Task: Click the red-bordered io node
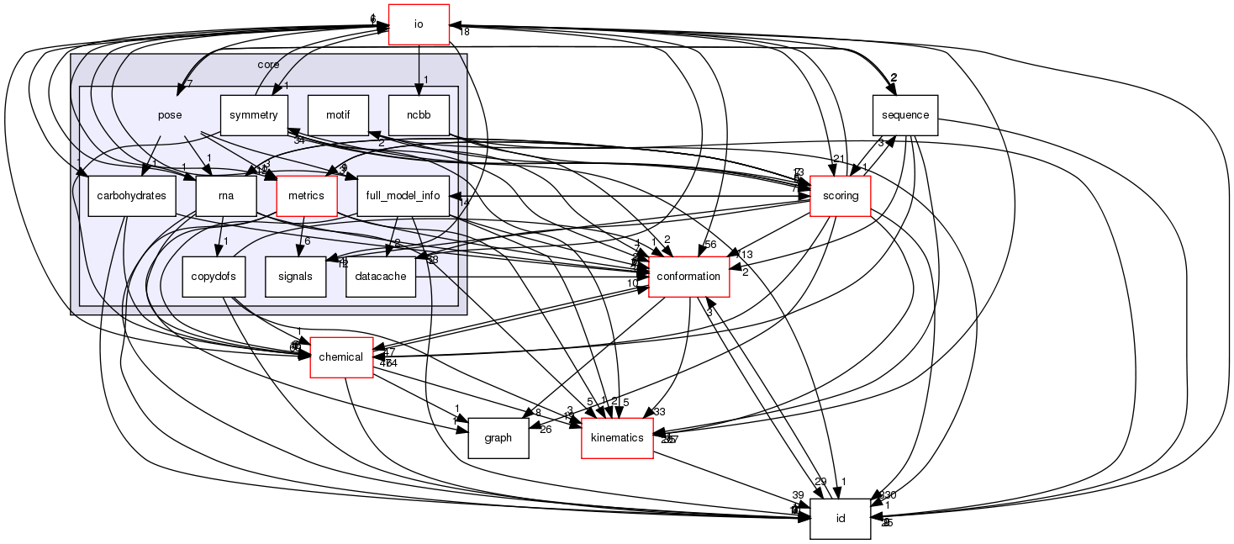tap(419, 24)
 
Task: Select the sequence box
tap(904, 115)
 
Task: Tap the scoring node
tap(840, 196)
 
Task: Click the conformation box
tap(689, 276)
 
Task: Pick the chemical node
tap(342, 357)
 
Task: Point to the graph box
tap(498, 437)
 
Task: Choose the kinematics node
tap(617, 437)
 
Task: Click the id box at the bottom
tap(839, 518)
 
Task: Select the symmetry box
tap(254, 115)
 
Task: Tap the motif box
tap(339, 115)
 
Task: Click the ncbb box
tap(419, 115)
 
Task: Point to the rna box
tap(224, 196)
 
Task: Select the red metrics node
tap(306, 196)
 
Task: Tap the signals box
tap(295, 276)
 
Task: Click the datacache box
tap(381, 276)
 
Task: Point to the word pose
tap(170, 115)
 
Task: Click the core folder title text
tap(268, 65)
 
